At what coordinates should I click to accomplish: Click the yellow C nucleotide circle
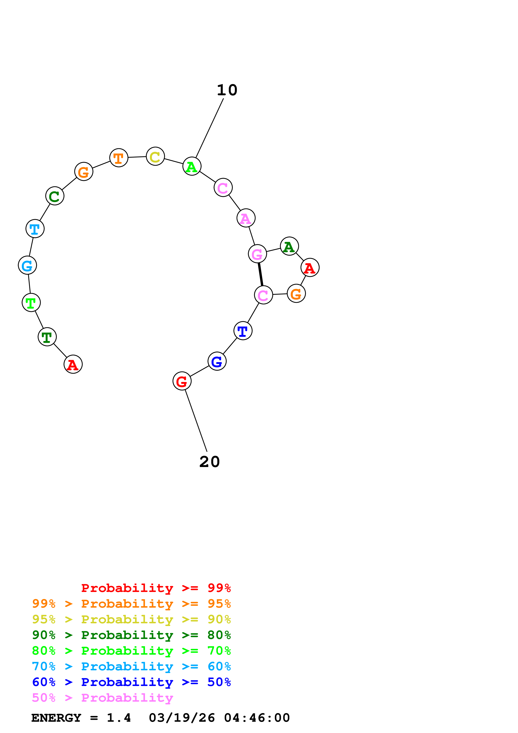coord(155,157)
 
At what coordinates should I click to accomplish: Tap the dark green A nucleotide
coord(289,246)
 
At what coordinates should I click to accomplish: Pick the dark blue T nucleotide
coord(243,331)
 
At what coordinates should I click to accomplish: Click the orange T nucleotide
coord(119,158)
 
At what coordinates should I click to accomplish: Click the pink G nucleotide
coord(257,254)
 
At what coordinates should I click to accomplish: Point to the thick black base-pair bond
coord(260,274)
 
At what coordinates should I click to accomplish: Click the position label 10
coord(227,90)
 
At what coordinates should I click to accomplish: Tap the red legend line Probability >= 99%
coord(156,588)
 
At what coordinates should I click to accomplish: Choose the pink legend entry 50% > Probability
coord(102,698)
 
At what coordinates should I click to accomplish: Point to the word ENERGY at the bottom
coord(56,718)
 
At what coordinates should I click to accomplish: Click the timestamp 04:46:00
coord(257,718)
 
